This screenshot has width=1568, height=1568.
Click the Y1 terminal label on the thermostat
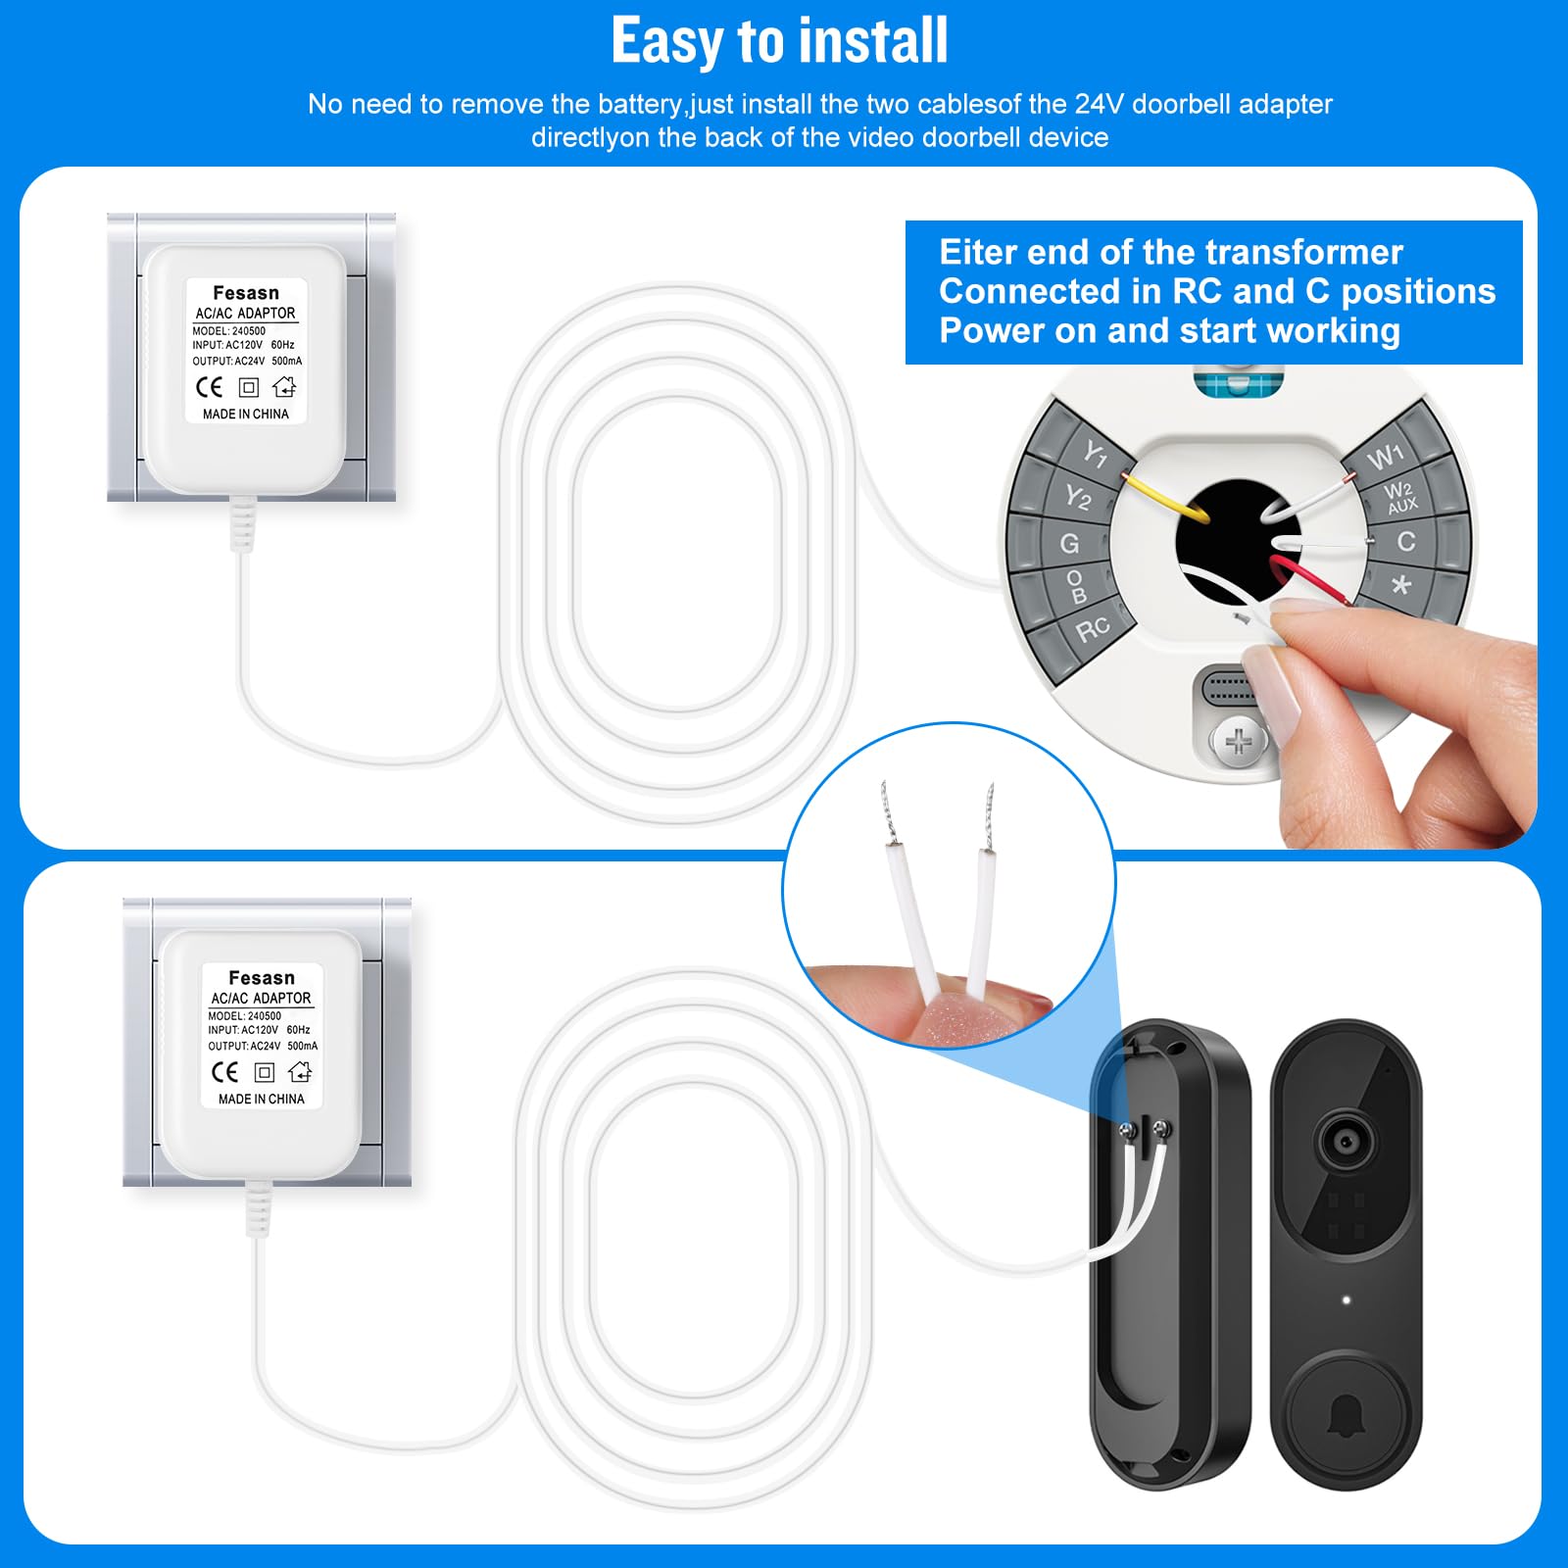(1095, 454)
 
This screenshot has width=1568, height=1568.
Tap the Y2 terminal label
(1078, 498)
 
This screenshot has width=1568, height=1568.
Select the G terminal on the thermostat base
(1069, 543)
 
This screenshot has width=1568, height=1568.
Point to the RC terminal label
(1093, 628)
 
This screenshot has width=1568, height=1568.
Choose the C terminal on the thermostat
(1406, 541)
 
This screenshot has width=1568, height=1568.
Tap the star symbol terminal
(1401, 585)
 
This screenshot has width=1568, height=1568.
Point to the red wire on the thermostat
(1313, 578)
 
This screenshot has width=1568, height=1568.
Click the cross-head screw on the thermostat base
(1239, 741)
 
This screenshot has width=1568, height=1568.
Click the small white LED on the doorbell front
(1347, 1300)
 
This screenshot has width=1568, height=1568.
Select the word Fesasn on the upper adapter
(246, 293)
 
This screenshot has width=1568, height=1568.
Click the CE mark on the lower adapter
(224, 1072)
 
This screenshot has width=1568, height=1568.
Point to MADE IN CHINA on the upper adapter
(245, 415)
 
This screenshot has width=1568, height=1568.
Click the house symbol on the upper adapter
(284, 387)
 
